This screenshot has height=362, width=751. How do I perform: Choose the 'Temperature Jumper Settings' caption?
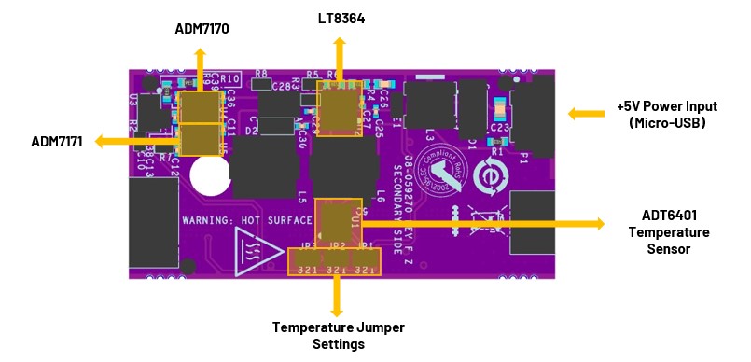point(337,335)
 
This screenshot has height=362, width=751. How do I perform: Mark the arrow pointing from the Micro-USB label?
point(588,114)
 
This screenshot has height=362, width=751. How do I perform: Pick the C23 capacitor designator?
point(498,128)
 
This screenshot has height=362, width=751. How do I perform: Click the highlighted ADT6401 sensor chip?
point(337,221)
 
